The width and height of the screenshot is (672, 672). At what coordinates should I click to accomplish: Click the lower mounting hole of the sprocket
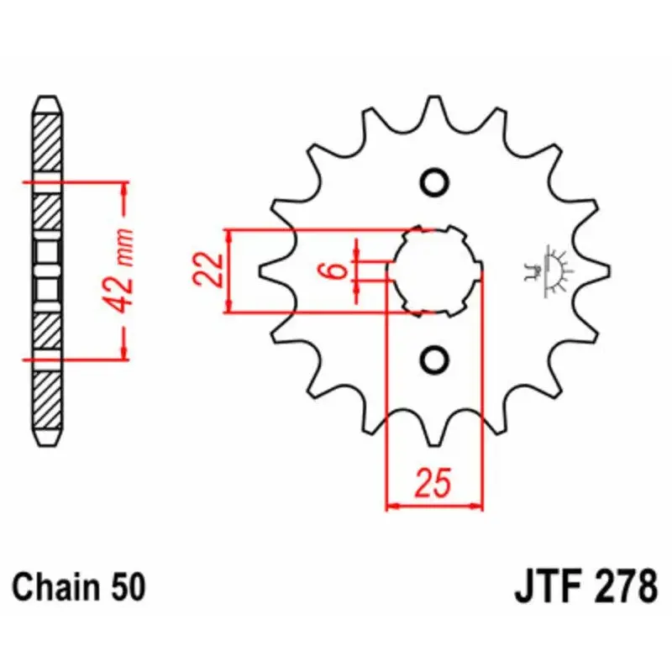(x=434, y=360)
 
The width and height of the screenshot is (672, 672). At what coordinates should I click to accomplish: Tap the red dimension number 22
(x=208, y=270)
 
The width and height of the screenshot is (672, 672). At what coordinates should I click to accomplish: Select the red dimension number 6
(x=338, y=270)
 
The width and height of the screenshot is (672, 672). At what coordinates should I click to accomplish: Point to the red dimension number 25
(x=433, y=482)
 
